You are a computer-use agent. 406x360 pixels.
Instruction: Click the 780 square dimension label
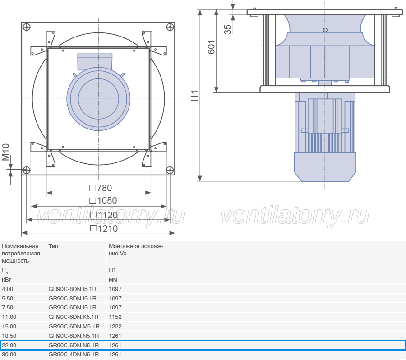101,188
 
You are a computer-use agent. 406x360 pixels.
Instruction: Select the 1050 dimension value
103,201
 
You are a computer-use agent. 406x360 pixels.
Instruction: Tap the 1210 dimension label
104,229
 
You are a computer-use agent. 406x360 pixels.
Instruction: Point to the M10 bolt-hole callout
6,152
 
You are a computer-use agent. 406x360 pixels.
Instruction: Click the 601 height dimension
211,47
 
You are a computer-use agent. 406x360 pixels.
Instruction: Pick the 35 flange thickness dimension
228,29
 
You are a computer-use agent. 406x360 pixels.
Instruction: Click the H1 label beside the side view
194,96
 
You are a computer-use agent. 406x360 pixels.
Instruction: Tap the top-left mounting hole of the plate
27,27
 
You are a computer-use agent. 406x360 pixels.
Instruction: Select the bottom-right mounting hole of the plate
170,170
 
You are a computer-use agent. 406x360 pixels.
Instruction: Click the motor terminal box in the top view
95,62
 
